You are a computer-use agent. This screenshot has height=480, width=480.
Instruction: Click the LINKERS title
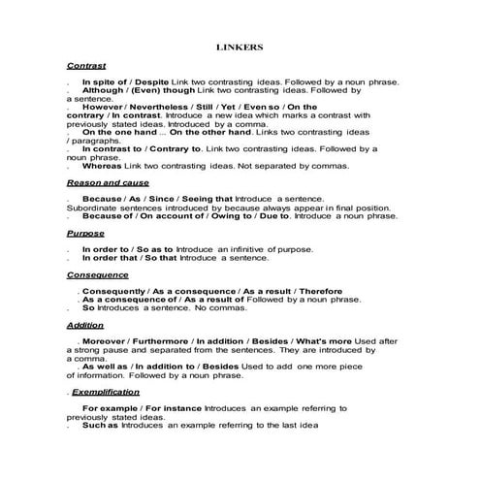[x=240, y=45]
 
